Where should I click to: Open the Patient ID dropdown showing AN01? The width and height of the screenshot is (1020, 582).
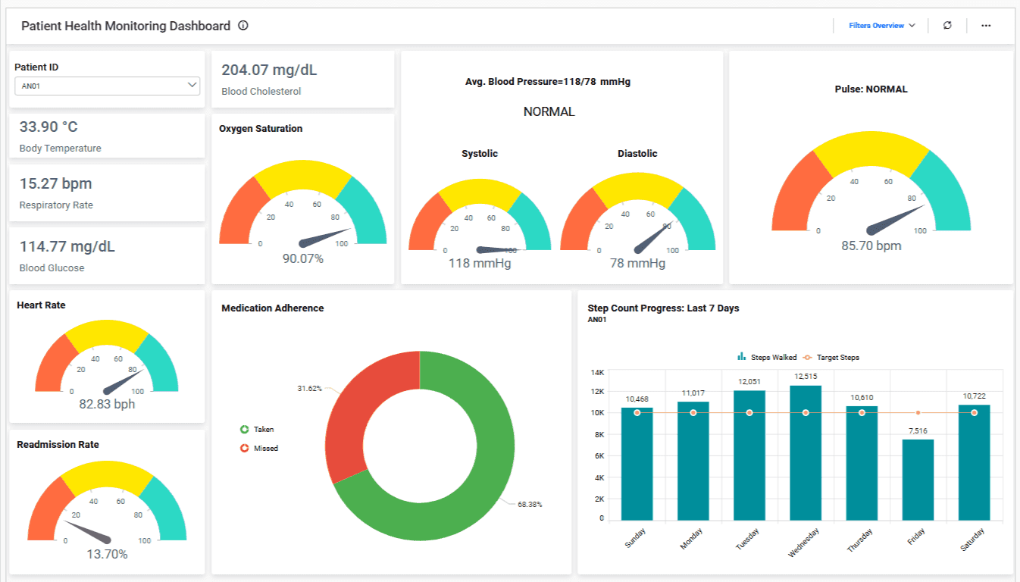point(107,86)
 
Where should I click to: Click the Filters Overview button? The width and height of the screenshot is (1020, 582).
point(881,26)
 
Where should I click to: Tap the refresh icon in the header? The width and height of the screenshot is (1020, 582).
point(947,26)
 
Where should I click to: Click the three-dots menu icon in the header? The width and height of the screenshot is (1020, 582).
point(986,26)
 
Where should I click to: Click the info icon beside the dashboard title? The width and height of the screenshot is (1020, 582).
point(243,26)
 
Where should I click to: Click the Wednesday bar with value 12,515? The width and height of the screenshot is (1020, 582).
point(806,455)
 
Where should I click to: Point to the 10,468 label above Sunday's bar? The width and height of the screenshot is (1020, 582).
point(637,399)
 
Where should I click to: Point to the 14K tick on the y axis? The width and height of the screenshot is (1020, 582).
point(597,373)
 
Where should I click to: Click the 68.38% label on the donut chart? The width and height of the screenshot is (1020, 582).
point(530,504)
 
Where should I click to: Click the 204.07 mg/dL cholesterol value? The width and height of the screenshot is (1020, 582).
point(269,70)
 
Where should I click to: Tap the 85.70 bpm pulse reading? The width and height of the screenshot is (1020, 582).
point(871,246)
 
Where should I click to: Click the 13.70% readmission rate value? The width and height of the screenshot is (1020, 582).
point(107,554)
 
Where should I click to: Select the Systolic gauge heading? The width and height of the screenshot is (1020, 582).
point(480,154)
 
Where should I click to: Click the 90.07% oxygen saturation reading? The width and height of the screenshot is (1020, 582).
point(303,259)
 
